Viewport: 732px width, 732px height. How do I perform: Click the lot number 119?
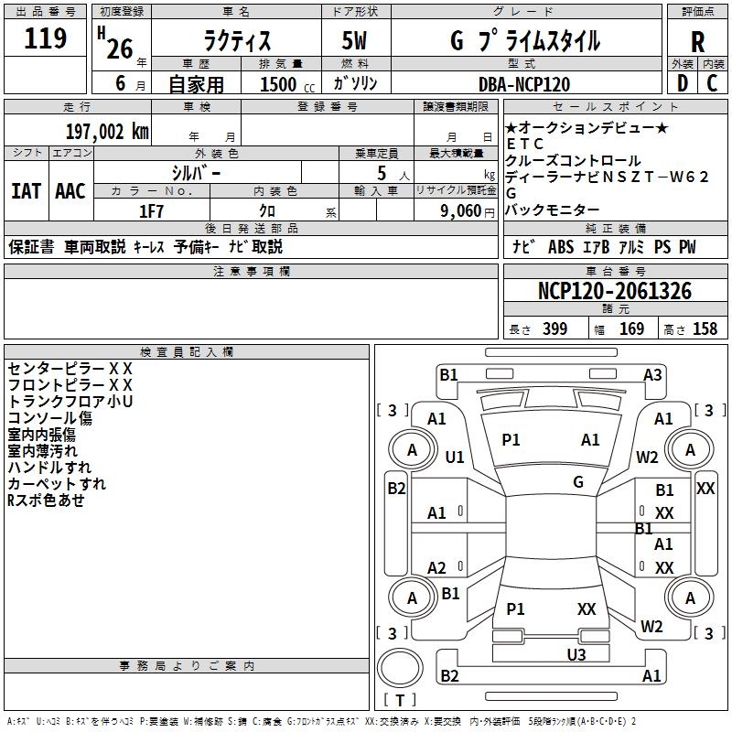pyautogui.click(x=46, y=39)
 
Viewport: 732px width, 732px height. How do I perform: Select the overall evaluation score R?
pyautogui.click(x=698, y=42)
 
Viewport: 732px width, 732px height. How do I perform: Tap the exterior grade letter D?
pyautogui.click(x=682, y=83)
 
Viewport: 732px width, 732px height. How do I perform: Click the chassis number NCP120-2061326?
pyautogui.click(x=614, y=292)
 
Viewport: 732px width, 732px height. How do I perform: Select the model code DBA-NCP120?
pyautogui.click(x=524, y=84)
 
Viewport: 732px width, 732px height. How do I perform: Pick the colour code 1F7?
pyautogui.click(x=151, y=210)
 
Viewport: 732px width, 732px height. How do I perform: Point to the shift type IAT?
pyautogui.click(x=26, y=191)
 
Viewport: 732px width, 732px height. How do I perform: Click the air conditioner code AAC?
pyautogui.click(x=70, y=191)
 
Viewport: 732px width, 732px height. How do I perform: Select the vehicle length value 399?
pyautogui.click(x=554, y=329)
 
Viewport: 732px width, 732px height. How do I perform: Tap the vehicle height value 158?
pyautogui.click(x=705, y=329)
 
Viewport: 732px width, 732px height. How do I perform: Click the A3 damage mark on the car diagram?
pyautogui.click(x=652, y=374)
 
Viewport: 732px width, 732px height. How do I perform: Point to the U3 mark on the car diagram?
pyautogui.click(x=576, y=654)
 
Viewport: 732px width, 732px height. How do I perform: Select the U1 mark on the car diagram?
pyautogui.click(x=455, y=457)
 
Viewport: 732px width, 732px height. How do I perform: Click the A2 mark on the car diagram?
pyautogui.click(x=437, y=567)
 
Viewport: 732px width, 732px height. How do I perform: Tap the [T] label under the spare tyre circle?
pyautogui.click(x=399, y=700)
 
